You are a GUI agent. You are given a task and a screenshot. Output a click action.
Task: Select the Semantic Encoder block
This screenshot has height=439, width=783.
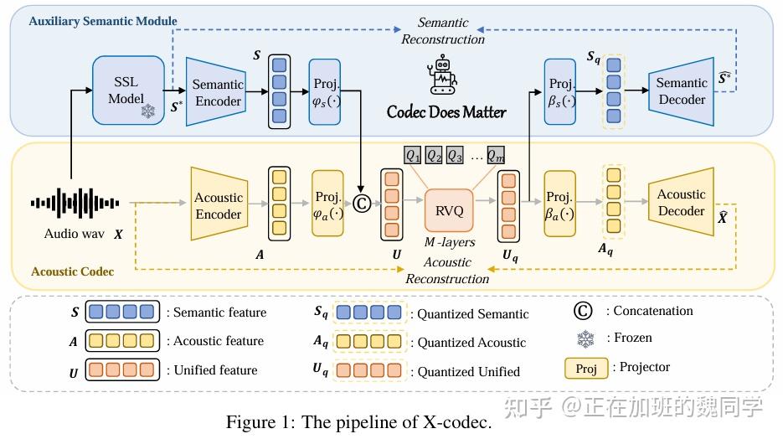tap(217, 92)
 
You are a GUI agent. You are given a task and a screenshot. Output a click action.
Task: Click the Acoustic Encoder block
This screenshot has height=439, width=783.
tap(219, 206)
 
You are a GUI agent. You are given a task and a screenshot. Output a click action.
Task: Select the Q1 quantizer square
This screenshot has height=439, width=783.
tap(413, 155)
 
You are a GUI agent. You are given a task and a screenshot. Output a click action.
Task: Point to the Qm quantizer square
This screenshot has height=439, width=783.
tap(497, 155)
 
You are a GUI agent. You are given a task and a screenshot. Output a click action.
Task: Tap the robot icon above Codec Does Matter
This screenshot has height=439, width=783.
tap(444, 76)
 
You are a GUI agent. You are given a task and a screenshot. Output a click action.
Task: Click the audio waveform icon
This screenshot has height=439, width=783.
tap(75, 203)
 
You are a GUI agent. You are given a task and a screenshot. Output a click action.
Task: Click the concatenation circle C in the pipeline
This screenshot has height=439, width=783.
tap(362, 203)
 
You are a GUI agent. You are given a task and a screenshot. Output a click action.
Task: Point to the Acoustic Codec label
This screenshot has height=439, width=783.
tap(72, 271)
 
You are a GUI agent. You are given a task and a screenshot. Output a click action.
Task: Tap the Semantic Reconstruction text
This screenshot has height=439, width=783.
tap(443, 31)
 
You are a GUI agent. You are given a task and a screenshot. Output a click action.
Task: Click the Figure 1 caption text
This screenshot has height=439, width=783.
tap(358, 422)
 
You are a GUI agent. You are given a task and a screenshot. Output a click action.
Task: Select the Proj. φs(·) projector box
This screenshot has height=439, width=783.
tap(325, 92)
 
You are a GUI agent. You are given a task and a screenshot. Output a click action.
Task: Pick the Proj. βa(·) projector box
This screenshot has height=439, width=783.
tap(560, 206)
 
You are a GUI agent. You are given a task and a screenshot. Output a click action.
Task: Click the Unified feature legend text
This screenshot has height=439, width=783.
tap(215, 370)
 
